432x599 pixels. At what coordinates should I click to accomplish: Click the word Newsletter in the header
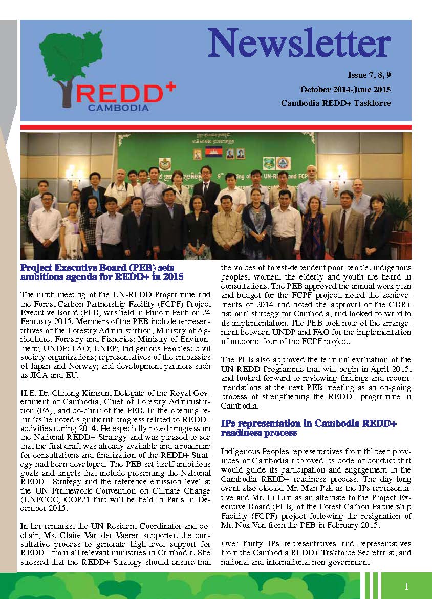click(299, 44)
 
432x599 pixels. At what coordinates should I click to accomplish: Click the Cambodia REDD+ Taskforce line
click(335, 103)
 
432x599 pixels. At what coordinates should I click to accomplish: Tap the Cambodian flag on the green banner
click(213, 152)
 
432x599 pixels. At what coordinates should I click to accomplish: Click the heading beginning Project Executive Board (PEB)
click(97, 272)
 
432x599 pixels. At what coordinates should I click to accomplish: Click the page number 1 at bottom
click(406, 586)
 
